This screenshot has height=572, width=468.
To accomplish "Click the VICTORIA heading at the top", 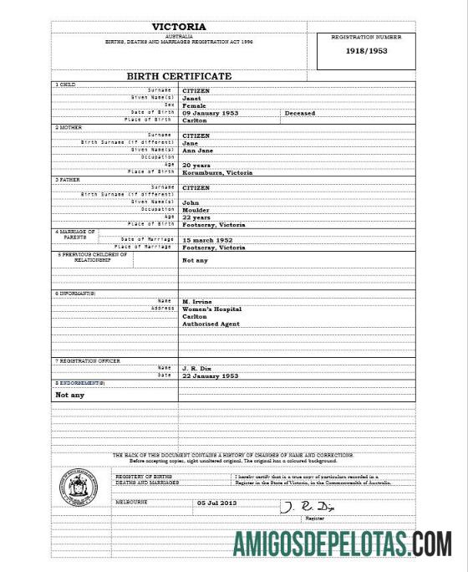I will click(x=178, y=27).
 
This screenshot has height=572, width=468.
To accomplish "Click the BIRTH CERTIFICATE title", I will click(x=179, y=76).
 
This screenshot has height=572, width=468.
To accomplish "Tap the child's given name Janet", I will click(x=191, y=98).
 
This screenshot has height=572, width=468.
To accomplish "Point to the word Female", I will click(x=194, y=105).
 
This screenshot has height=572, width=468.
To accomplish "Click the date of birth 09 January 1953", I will click(x=211, y=113).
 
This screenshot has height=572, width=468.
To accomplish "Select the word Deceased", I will click(x=300, y=113).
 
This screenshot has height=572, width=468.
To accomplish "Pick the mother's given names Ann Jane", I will click(x=198, y=150).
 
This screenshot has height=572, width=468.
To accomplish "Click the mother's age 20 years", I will click(x=197, y=165).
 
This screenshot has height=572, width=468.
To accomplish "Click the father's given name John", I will click(x=191, y=202).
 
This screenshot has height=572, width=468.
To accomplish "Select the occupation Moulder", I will click(x=196, y=209).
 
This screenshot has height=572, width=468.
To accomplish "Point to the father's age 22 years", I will click(x=197, y=217).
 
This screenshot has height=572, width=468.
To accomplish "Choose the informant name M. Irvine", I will click(x=197, y=300).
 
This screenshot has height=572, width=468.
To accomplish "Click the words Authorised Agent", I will click(x=211, y=324).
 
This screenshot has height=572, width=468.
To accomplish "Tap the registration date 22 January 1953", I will click(x=211, y=376).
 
